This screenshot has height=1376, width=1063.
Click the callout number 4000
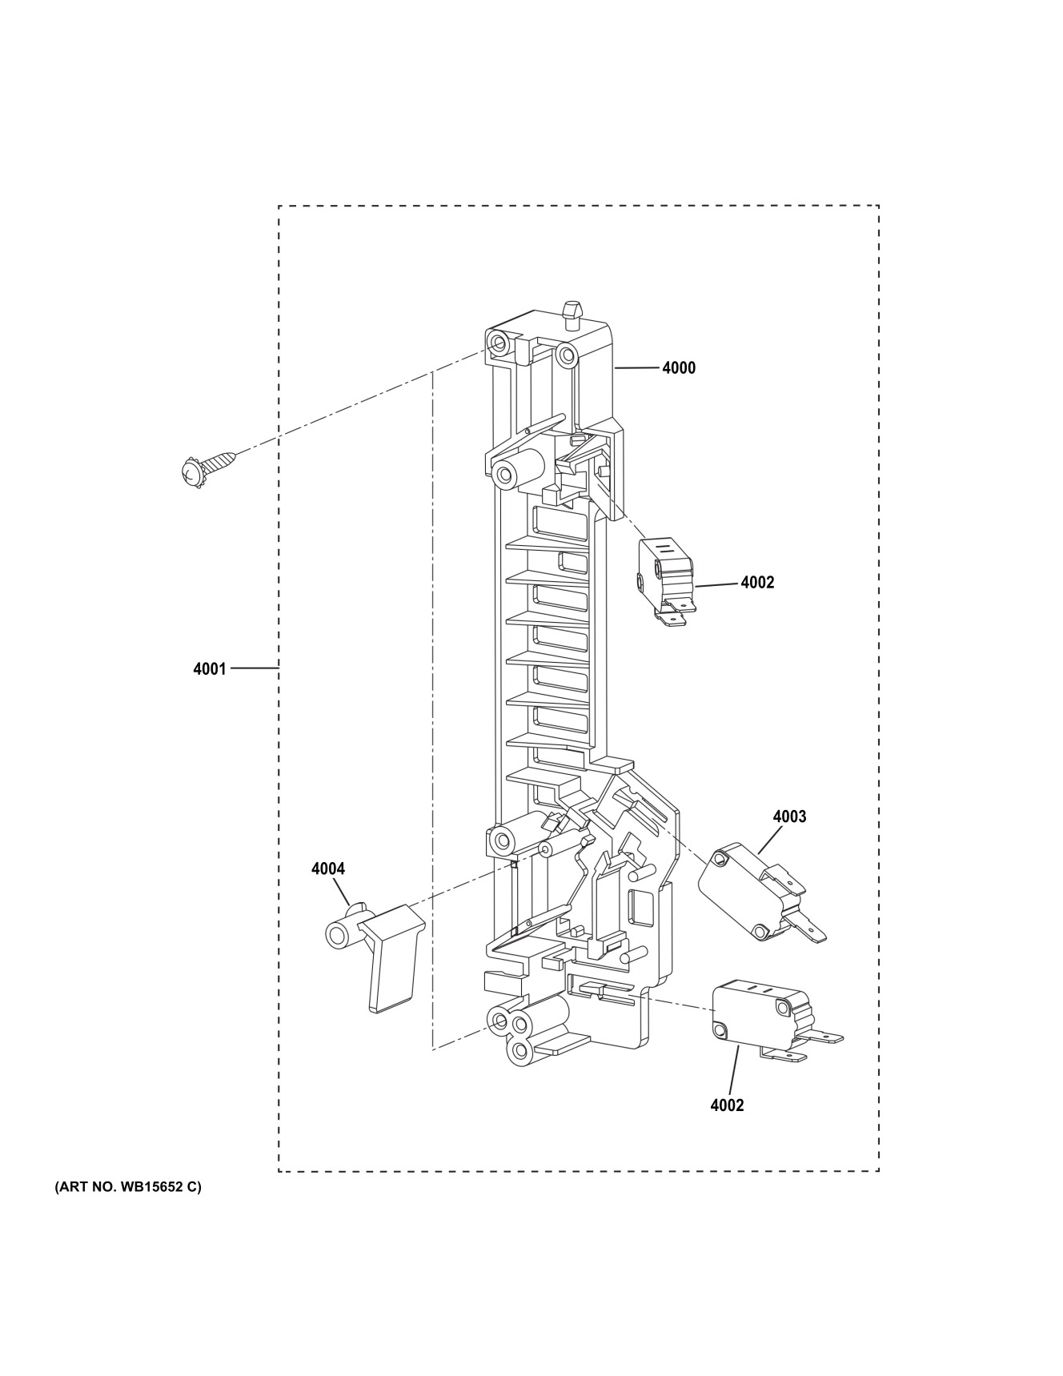678,368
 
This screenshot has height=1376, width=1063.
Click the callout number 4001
210,668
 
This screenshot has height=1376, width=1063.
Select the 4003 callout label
789,817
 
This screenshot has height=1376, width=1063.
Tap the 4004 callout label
328,869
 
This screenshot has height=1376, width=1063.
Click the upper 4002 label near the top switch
756,583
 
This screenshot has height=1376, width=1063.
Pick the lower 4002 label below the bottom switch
727,1105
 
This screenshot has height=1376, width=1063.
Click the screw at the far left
206,467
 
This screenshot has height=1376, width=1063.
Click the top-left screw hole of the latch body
499,343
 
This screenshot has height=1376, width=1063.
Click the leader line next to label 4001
255,668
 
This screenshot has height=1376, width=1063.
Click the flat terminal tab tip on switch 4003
816,933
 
